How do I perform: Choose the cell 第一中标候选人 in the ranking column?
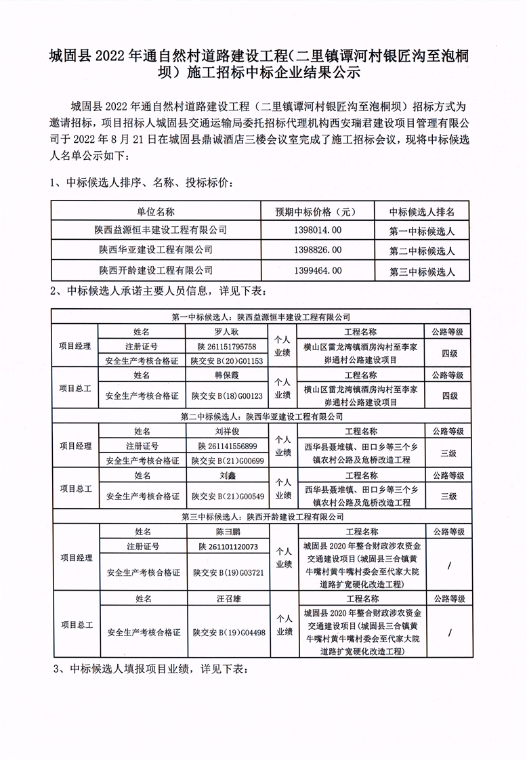[421, 231]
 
